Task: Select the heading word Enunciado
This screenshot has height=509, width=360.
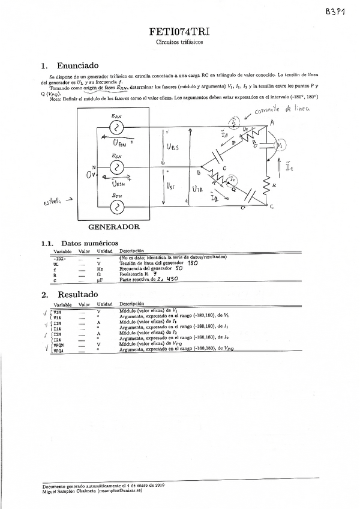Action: coord(77,65)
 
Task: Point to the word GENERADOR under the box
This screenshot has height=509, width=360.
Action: coord(114,228)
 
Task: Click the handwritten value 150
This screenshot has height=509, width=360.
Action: coord(192,263)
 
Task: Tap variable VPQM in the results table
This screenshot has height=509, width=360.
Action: coord(58,345)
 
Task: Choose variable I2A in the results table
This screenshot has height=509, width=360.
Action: coord(57,339)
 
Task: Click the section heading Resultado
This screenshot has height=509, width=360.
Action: coord(77,295)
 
